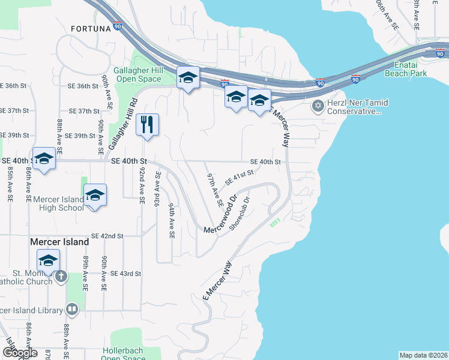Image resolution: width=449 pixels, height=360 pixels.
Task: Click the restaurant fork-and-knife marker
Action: coord(147,125)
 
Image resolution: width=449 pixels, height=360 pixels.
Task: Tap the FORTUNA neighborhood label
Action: coord(91,28)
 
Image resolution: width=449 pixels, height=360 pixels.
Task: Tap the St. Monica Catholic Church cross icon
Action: coord(61,277)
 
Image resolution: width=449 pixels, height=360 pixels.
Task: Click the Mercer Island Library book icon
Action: coord(71,310)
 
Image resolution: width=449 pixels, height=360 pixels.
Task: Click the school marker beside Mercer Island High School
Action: coord(95,196)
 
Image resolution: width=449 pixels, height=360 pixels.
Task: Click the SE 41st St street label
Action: coord(240,177)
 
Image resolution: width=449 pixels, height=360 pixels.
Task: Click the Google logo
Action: coord(20,353)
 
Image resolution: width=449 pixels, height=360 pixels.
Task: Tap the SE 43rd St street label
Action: coord(125,274)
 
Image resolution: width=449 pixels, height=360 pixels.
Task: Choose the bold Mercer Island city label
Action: coord(59,242)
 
